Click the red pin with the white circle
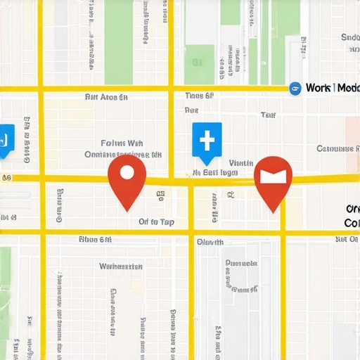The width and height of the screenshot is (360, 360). [x=127, y=176]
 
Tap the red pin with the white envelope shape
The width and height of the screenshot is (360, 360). [x=272, y=177]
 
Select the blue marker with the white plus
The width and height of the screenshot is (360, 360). [x=207, y=140]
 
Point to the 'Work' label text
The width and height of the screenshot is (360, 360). [x=320, y=88]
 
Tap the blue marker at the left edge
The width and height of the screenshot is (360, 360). [x=4, y=138]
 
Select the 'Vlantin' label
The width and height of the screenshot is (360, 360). [x=240, y=162]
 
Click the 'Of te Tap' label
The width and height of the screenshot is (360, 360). [x=156, y=221]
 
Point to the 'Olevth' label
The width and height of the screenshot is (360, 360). [x=210, y=242]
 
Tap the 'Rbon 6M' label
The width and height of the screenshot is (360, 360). [x=95, y=240]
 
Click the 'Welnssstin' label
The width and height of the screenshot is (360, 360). [x=121, y=266]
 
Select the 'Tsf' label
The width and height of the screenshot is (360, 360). [x=268, y=115]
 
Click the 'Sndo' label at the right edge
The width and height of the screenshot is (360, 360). [x=349, y=37]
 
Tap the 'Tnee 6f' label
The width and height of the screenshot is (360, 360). [x=199, y=96]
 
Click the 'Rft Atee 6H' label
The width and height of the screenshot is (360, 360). [x=106, y=97]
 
